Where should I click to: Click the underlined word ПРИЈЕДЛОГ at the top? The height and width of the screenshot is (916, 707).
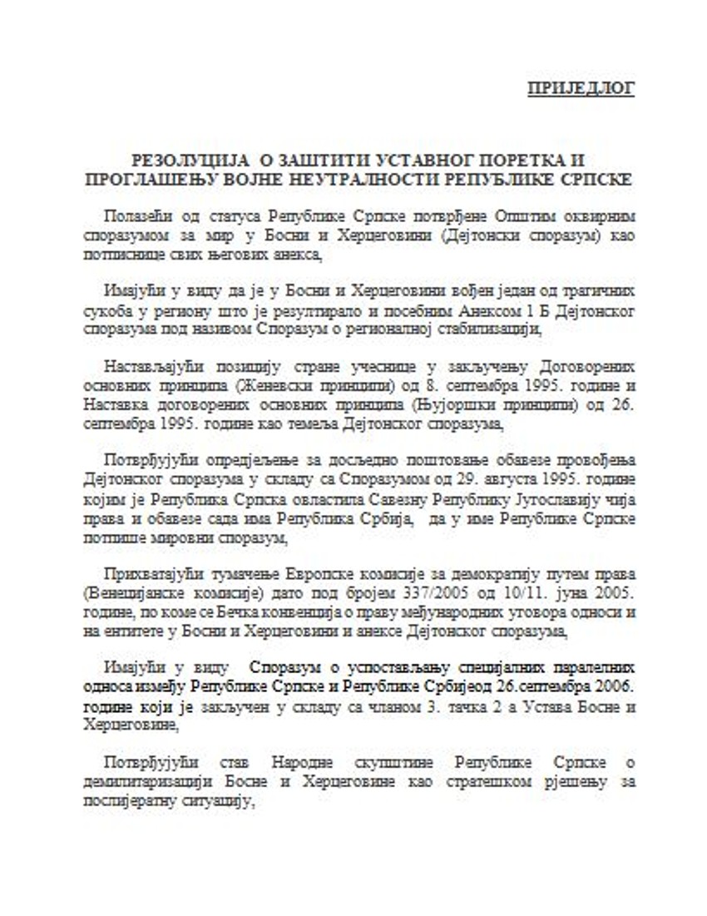click(x=581, y=89)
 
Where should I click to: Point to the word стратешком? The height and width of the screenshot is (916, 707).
click(x=474, y=783)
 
